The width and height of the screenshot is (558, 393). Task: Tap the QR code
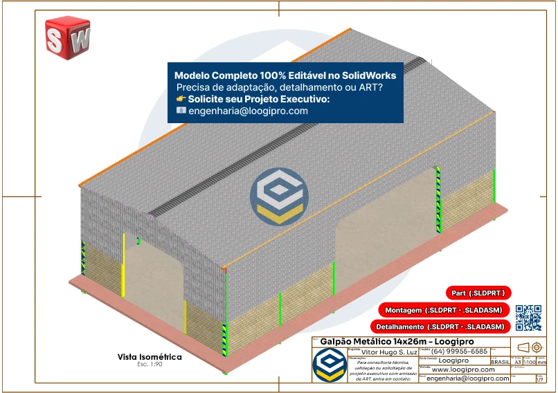point(528,317)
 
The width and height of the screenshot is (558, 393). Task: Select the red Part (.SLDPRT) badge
point(478,293)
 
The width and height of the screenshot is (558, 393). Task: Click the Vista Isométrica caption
point(150,357)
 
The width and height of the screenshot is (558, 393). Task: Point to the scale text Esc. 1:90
point(149,364)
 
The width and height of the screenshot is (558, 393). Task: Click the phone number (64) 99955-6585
point(460,351)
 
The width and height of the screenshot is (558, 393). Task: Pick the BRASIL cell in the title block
point(501,362)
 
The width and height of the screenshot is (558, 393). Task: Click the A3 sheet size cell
point(518,362)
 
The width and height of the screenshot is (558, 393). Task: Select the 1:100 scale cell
point(529,362)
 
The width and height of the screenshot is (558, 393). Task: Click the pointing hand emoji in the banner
point(181,100)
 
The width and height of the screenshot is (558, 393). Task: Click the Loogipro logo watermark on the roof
point(279,195)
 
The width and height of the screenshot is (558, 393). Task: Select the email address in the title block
point(467,378)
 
